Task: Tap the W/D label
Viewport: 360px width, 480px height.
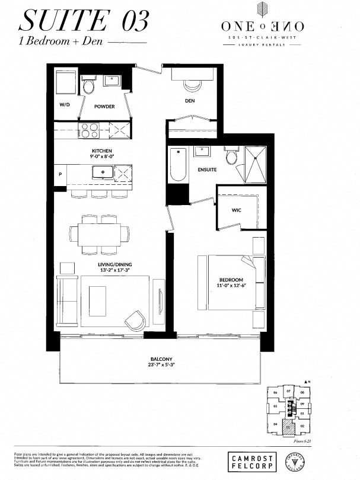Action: (63, 106)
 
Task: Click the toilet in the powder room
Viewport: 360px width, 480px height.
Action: (89, 87)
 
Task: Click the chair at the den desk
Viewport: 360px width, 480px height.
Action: (192, 84)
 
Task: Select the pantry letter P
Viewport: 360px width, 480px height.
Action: (60, 174)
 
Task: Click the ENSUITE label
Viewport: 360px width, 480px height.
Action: (207, 169)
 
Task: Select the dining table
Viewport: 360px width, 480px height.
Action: (99, 232)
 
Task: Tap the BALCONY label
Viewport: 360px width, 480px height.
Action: (161, 359)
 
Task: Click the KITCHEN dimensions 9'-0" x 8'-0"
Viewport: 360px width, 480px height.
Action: (101, 157)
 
